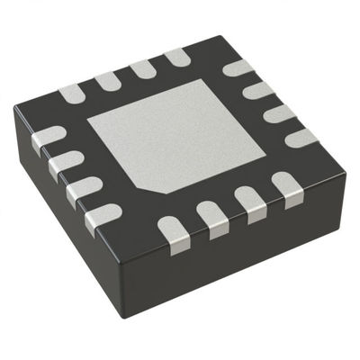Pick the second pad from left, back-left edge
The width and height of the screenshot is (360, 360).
tap(109, 80)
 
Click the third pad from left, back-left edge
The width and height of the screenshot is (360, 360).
tap(142, 68)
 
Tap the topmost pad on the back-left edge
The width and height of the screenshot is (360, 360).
tap(176, 57)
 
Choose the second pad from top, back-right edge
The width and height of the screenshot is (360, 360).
tap(258, 89)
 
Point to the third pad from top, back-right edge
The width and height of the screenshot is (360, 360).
tap(279, 112)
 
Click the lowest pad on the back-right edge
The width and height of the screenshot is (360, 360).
tap(300, 137)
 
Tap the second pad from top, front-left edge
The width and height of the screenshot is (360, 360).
tap(65, 163)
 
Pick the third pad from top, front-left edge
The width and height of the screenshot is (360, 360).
tap(83, 190)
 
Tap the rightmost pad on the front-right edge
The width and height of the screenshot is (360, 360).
tap(286, 187)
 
